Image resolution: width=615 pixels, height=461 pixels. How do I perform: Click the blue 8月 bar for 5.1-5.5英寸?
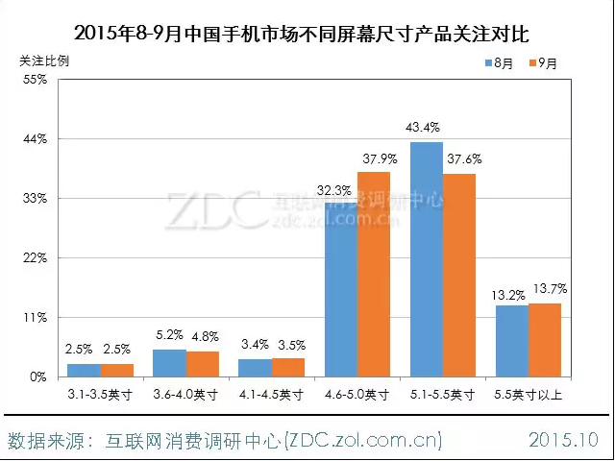[x=427, y=259]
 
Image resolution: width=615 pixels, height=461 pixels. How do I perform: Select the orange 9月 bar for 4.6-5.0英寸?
[x=374, y=274]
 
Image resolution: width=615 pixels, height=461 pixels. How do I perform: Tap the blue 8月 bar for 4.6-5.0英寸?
[x=341, y=288]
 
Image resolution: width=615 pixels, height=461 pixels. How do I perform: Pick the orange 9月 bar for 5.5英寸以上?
[x=545, y=340]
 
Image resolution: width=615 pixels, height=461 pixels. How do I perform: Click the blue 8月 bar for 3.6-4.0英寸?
[x=170, y=363]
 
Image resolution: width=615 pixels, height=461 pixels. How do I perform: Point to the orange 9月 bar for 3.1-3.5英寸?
[x=117, y=370]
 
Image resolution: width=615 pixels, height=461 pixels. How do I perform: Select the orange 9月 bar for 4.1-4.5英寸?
[x=288, y=367]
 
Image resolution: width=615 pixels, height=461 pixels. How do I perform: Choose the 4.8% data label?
[x=204, y=336]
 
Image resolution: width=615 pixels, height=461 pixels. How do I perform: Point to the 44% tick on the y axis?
[x=36, y=139]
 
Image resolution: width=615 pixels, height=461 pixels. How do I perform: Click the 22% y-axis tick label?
[x=36, y=258]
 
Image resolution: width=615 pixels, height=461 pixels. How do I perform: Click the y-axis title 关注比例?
[x=44, y=60]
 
